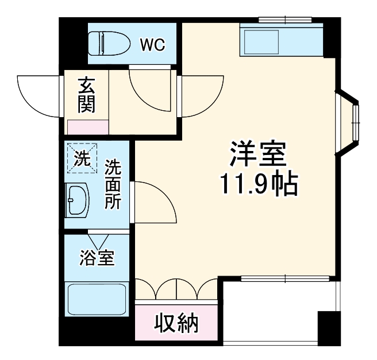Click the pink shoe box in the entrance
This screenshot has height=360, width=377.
click(87, 127)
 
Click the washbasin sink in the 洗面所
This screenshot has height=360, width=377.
click(78, 200)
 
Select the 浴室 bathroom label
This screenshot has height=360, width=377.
click(96, 258)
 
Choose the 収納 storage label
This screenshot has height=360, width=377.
click(176, 324)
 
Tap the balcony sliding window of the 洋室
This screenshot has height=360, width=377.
click(285, 280)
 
